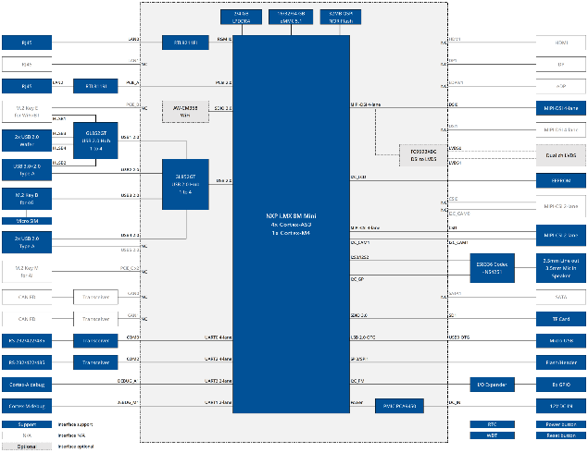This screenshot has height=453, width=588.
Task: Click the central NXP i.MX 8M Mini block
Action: click(291, 222)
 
